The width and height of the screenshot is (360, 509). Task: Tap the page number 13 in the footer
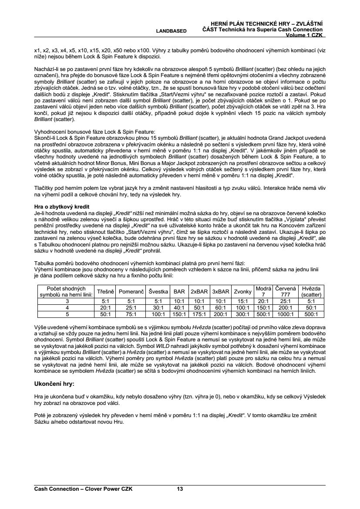click(180, 489)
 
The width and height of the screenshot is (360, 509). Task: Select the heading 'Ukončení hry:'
click(54, 384)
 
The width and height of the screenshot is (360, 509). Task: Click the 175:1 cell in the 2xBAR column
click(200, 313)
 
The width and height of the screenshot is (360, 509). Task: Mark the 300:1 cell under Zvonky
click(242, 313)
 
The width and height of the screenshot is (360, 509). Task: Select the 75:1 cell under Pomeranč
click(128, 313)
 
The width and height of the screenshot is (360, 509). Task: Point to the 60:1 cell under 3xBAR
click(221, 307)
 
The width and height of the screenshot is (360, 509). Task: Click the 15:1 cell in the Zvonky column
click(242, 300)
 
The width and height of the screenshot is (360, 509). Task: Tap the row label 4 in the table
click(67, 307)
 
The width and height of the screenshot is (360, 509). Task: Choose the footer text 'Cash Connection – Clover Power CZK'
click(83, 489)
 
